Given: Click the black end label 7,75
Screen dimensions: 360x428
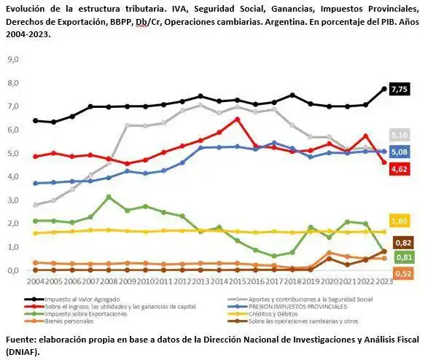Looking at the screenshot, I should (x=399, y=90).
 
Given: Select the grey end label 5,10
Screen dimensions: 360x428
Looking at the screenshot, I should (x=399, y=136).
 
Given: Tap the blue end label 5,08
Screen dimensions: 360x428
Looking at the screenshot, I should (x=399, y=152).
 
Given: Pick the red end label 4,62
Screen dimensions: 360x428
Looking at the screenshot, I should (x=399, y=169).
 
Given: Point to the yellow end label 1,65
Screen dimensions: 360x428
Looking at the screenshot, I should (x=399, y=220).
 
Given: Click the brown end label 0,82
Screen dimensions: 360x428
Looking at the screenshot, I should (x=402, y=243).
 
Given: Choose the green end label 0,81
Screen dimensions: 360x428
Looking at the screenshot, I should (x=402, y=257).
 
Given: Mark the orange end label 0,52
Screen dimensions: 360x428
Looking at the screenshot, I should (x=402, y=273).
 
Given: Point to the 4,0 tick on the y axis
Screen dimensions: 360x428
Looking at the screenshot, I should (x=12, y=177).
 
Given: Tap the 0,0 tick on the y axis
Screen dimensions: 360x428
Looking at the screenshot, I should (x=12, y=270).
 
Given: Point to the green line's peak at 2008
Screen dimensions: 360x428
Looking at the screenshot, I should (x=108, y=197).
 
